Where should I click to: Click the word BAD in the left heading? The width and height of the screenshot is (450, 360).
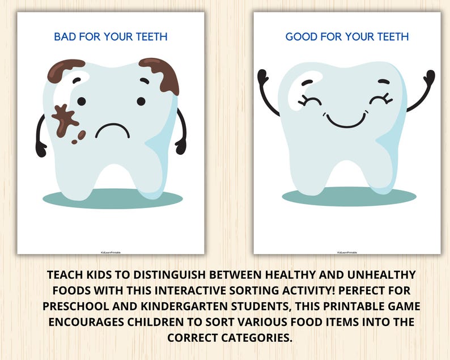[65, 37]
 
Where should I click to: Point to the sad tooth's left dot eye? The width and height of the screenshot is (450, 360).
[82, 101]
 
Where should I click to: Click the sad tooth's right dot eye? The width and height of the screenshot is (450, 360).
[141, 101]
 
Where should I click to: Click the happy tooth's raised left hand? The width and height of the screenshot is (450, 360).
[262, 76]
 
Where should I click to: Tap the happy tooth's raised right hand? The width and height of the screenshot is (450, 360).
[430, 77]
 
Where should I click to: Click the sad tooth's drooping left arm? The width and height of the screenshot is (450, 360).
[40, 136]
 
